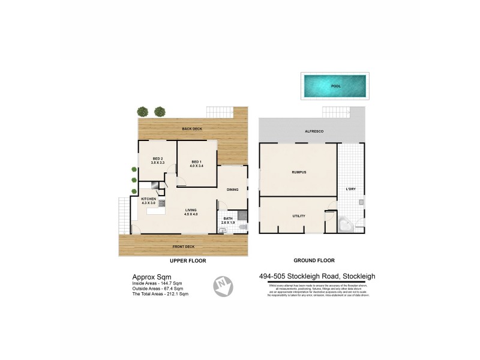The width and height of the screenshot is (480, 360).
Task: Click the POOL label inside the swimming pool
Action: tap(336, 86)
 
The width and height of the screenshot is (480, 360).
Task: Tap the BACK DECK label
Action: tap(192, 129)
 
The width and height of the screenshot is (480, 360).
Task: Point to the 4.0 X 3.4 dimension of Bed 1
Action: tap(196, 166)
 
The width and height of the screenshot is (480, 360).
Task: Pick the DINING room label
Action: tap(232, 190)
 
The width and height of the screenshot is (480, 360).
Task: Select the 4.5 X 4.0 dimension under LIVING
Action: tap(191, 214)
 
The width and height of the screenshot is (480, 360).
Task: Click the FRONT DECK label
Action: tap(183, 247)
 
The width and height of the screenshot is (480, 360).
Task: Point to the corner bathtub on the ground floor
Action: tap(346, 225)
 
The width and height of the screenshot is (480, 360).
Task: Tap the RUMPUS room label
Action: tap(299, 172)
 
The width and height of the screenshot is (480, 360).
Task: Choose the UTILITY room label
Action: tap(299, 216)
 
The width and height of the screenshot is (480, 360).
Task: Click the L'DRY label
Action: tap(351, 190)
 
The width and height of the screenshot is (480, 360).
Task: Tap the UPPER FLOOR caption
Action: tap(188, 262)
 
